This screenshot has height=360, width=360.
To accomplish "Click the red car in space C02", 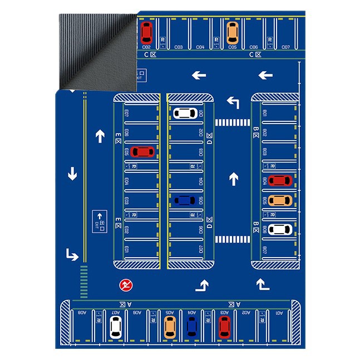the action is click(146, 32).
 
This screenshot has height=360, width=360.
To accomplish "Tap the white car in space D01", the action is click(184, 114).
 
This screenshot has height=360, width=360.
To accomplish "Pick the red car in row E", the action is click(143, 151).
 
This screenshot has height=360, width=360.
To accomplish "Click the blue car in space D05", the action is click(184, 200).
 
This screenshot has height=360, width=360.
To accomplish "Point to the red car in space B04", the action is click(280, 180).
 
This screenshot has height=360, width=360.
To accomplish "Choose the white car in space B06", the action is click(280, 229).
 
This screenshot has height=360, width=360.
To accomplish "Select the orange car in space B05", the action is click(280, 200).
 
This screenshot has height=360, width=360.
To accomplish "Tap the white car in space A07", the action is click(115, 327).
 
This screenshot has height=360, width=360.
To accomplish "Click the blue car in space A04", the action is click(191, 327).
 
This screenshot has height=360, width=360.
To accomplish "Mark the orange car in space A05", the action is click(170, 327).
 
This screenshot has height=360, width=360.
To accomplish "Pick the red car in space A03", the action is click(224, 327).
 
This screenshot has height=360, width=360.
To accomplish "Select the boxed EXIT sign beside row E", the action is click(101, 219).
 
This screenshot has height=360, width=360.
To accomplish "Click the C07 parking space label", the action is click(286, 47).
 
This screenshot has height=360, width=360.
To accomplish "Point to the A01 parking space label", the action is click(279, 313).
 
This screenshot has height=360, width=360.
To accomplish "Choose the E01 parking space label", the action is click(127, 249).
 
